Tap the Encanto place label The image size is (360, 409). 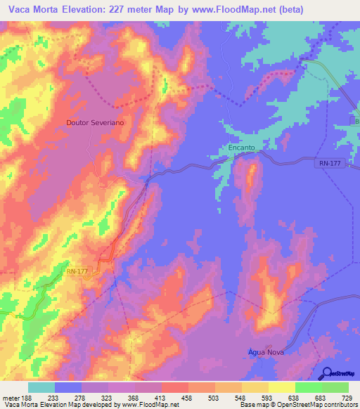(x=241, y=148)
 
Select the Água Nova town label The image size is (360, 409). (x=266, y=352)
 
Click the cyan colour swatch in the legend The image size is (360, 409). (x=41, y=387)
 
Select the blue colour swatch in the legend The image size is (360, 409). (x=68, y=387)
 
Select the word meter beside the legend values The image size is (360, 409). (x=11, y=397)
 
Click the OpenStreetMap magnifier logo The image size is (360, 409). (x=328, y=373)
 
